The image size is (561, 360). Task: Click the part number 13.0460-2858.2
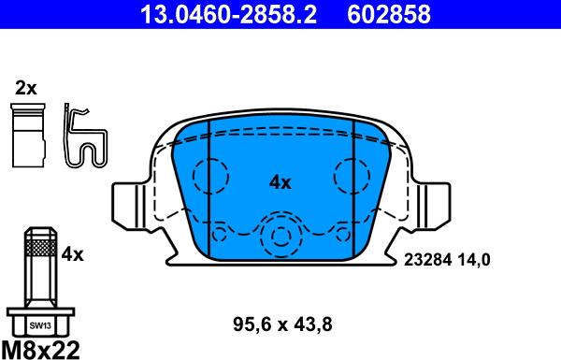[228, 14]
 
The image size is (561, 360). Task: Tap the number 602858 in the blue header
[389, 14]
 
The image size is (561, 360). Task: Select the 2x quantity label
[26, 88]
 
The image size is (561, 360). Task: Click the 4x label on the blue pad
[280, 183]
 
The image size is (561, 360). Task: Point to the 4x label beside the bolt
[72, 254]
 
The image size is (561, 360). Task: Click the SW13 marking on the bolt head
[40, 325]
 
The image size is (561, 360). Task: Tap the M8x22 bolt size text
[40, 350]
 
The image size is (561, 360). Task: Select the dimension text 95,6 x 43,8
[282, 324]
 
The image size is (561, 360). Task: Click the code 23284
[428, 260]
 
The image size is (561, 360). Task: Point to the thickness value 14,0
[474, 260]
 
